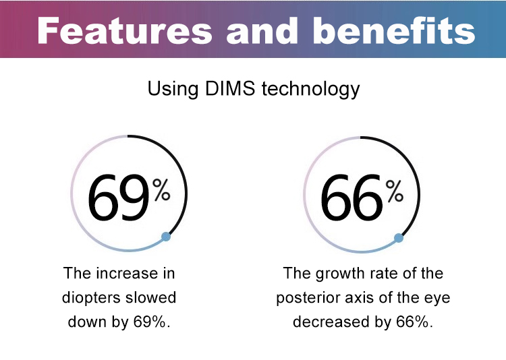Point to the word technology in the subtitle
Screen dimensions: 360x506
point(308,89)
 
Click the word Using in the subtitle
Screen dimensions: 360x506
point(169,89)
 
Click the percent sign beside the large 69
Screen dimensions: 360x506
point(161,191)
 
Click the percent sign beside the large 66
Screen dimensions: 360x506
point(395,191)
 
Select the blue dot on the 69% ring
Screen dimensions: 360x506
point(166,237)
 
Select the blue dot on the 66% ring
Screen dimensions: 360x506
point(399,237)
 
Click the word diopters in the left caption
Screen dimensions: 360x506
point(90,297)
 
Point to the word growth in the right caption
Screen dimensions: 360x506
point(335,273)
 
